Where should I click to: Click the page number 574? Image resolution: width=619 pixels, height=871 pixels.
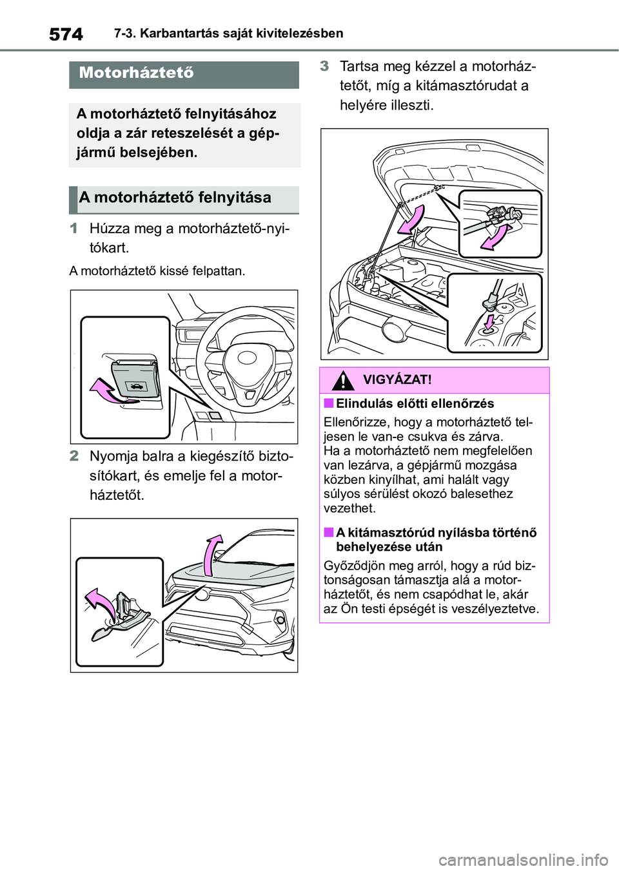click(66, 34)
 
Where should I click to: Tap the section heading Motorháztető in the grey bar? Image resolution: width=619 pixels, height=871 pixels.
click(136, 73)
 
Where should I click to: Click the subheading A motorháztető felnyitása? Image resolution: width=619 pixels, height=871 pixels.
click(175, 198)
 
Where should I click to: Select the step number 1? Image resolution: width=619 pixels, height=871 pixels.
click(74, 228)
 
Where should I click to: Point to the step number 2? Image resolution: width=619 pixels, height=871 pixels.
click(74, 456)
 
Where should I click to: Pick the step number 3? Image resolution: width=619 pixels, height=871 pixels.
click(324, 66)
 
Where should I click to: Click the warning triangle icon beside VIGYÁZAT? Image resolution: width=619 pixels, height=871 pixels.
click(343, 380)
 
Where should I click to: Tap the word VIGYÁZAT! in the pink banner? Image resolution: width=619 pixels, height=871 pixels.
click(397, 380)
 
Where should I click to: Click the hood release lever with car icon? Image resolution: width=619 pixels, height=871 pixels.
click(136, 380)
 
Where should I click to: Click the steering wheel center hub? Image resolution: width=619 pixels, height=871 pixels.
click(247, 358)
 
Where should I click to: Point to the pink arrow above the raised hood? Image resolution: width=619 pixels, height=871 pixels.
click(212, 554)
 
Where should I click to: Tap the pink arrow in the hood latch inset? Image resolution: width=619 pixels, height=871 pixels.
click(101, 602)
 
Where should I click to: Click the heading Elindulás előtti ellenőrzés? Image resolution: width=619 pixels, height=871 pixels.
click(415, 404)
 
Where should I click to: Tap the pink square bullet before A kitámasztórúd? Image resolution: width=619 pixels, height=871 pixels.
click(328, 532)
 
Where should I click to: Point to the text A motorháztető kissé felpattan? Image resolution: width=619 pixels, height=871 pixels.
click(157, 271)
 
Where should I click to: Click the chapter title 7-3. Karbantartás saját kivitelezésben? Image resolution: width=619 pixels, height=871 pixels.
click(228, 33)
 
